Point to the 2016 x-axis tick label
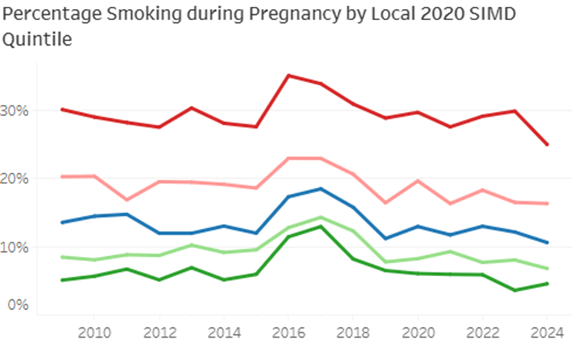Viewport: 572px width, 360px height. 288,332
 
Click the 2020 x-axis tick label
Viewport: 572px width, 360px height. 417,332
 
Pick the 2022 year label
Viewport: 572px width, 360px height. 482,332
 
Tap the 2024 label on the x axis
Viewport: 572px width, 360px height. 547,332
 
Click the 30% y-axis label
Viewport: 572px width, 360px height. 16,111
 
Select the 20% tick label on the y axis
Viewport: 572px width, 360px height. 16,179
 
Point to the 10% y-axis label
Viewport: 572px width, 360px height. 16,247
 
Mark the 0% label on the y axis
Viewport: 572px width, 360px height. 19,305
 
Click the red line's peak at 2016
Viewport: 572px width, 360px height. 288,76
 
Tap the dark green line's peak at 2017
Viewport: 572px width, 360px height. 320,226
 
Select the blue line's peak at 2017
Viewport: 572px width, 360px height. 320,189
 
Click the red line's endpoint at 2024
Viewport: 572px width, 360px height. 547,144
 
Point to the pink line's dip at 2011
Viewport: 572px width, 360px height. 127,200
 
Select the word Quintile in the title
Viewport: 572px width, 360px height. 37,40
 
